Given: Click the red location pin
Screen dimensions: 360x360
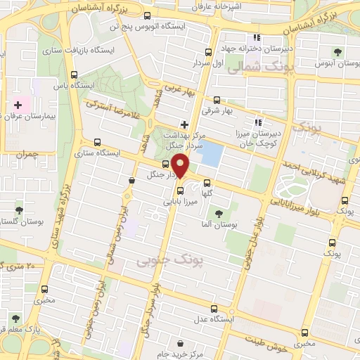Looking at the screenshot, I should click(x=181, y=166).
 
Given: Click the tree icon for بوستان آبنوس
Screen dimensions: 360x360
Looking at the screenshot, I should click(x=337, y=51).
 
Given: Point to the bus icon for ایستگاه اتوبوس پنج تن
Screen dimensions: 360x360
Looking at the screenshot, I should click(x=146, y=16).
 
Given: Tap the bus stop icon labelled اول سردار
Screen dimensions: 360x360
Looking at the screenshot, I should click(x=207, y=53).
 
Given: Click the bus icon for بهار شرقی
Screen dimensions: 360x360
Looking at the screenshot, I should click(x=216, y=100).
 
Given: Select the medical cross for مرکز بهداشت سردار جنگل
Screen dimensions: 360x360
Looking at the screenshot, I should click(x=184, y=124).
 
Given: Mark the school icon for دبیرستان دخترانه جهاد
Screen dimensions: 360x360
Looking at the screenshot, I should click(x=257, y=37).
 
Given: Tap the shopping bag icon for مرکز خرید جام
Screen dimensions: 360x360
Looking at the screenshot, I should click(x=181, y=344).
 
